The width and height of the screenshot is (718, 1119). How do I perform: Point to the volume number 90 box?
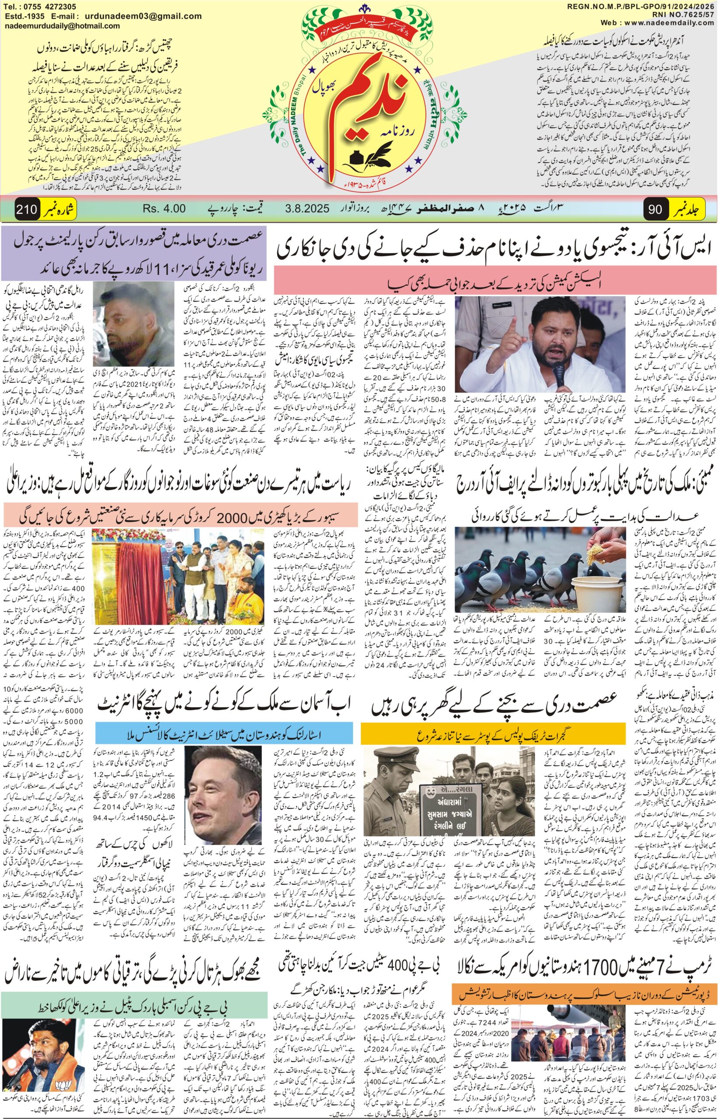coord(655,209)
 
